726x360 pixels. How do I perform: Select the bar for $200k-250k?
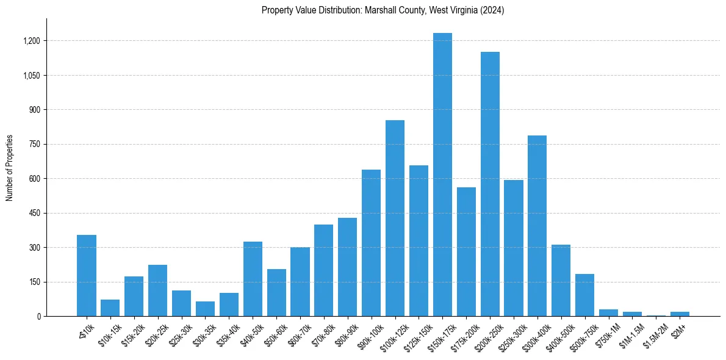[490, 184]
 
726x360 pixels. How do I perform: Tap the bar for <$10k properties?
[87, 275]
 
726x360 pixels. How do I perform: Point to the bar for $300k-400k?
[537, 226]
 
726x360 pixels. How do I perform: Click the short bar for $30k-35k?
[205, 309]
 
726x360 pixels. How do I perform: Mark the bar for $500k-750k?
[584, 295]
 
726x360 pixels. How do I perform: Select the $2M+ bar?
[680, 314]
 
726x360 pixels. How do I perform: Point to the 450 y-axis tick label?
[34, 213]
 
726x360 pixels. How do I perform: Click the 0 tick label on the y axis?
[38, 316]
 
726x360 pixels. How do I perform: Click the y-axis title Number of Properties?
[9, 167]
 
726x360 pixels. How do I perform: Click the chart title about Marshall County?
[383, 10]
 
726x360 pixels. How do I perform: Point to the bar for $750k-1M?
[608, 312]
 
